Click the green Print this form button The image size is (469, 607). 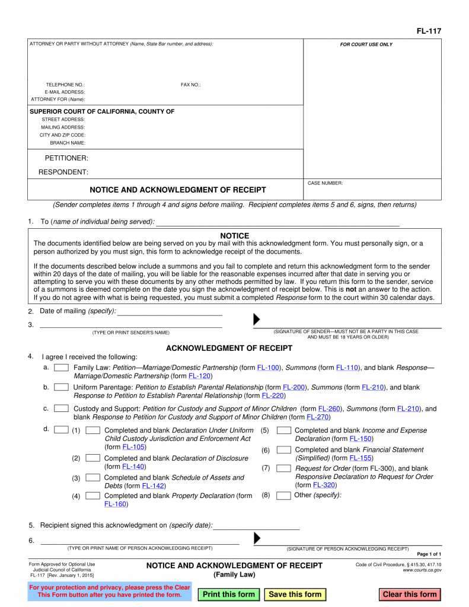(x=229, y=594)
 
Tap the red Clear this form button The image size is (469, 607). (x=409, y=594)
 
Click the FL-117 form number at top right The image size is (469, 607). (x=429, y=31)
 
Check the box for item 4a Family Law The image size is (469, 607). (x=61, y=368)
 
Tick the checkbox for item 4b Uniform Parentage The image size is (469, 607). (x=61, y=387)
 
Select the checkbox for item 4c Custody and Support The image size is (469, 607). (x=61, y=408)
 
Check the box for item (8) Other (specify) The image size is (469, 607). (x=283, y=496)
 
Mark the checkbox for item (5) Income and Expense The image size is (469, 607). (x=283, y=430)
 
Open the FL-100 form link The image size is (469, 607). (x=268, y=368)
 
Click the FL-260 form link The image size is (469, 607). (x=330, y=408)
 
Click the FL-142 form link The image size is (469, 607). (x=153, y=486)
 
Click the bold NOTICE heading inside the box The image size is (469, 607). (x=234, y=235)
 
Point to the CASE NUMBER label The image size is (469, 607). (x=325, y=183)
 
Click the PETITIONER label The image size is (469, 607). (x=66, y=158)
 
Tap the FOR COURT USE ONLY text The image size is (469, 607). (x=366, y=44)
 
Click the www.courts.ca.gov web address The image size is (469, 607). (x=422, y=570)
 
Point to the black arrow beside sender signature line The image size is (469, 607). (x=257, y=320)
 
